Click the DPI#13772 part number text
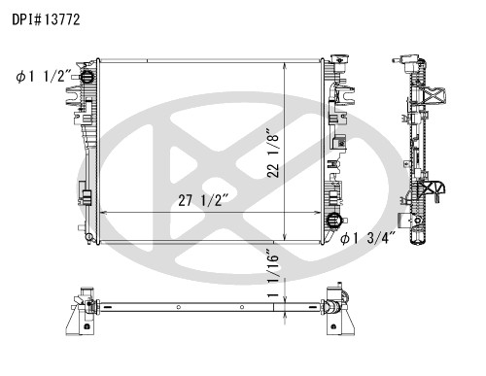[46, 19]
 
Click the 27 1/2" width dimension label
[204, 200]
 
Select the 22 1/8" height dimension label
[273, 154]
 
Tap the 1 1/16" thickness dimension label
[273, 273]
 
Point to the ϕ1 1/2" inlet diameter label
[44, 77]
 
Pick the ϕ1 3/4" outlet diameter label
[368, 239]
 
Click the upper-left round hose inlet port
[87, 77]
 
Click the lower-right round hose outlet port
[332, 221]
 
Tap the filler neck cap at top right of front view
[339, 60]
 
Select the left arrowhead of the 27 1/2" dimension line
[103, 213]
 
